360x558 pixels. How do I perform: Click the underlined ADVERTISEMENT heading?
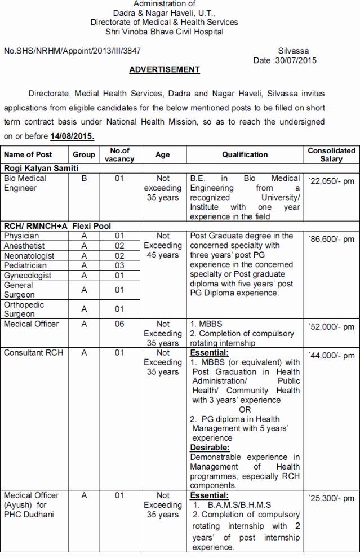(165, 70)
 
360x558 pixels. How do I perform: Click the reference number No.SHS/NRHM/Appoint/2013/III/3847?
(72, 51)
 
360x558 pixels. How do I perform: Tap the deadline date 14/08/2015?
(72, 136)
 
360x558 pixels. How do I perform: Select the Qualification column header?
(245, 154)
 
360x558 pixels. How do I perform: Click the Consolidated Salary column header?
(331, 154)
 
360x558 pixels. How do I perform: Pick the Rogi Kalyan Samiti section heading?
(41, 168)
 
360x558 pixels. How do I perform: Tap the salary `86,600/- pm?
(331, 239)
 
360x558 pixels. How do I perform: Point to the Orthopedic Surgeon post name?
(24, 309)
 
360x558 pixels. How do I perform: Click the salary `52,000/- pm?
(331, 327)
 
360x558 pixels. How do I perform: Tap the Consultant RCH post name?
(34, 353)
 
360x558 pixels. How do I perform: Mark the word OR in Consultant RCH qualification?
(245, 410)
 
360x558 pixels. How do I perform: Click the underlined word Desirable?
(210, 448)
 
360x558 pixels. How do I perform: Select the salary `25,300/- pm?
(331, 498)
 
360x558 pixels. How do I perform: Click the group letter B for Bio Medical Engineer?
(83, 178)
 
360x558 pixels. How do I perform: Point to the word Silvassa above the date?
(294, 51)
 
